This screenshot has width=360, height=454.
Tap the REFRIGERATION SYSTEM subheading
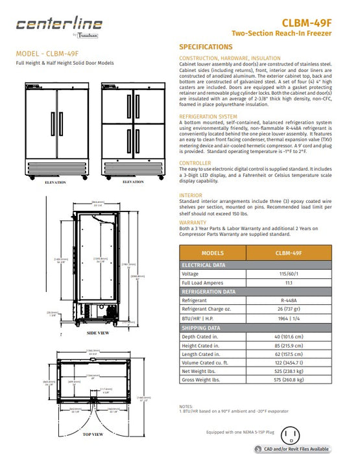coord(208,117)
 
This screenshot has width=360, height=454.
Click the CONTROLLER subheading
coord(195,163)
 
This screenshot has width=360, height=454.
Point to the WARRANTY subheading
coord(194,222)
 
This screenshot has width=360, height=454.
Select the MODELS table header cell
coord(213,254)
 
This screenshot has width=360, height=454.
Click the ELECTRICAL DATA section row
coord(207,265)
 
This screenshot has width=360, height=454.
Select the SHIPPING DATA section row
coord(203,328)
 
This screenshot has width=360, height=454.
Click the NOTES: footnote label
coord(186,406)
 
